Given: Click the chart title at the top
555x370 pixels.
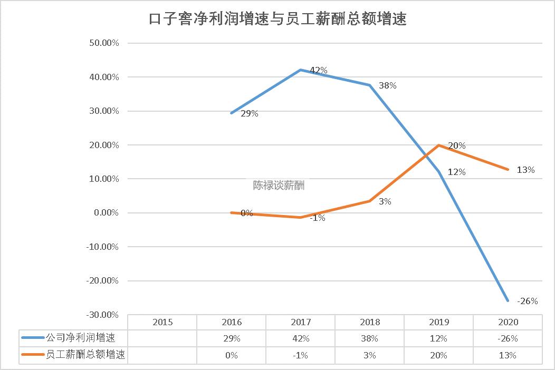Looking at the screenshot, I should pyautogui.click(x=277, y=20).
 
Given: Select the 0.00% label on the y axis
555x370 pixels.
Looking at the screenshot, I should pyautogui.click(x=106, y=213).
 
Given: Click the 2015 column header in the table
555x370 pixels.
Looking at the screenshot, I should pyautogui.click(x=162, y=322).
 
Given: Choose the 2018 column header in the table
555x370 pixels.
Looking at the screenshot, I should pyautogui.click(x=369, y=322).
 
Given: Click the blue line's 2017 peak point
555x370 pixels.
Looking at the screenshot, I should pyautogui.click(x=300, y=70).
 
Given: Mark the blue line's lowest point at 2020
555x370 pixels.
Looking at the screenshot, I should pyautogui.click(x=508, y=300).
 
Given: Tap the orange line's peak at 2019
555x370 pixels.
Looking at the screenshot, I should pyautogui.click(x=438, y=145).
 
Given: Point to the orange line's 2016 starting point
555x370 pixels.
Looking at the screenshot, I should pyautogui.click(x=231, y=212).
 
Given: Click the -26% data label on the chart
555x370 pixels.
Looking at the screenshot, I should pyautogui.click(x=527, y=301).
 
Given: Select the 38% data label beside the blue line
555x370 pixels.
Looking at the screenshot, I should pyautogui.click(x=387, y=85).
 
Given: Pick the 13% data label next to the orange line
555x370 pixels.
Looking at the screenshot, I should pyautogui.click(x=525, y=170).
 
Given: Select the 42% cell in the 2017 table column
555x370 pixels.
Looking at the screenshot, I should pyautogui.click(x=300, y=338).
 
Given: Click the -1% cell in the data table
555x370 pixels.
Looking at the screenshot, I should pyautogui.click(x=300, y=355).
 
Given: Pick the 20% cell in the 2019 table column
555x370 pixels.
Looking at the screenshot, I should pyautogui.click(x=438, y=355).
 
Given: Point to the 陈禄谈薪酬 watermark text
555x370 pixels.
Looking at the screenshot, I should pyautogui.click(x=279, y=186).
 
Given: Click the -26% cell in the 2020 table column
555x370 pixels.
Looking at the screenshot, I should pyautogui.click(x=508, y=338).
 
